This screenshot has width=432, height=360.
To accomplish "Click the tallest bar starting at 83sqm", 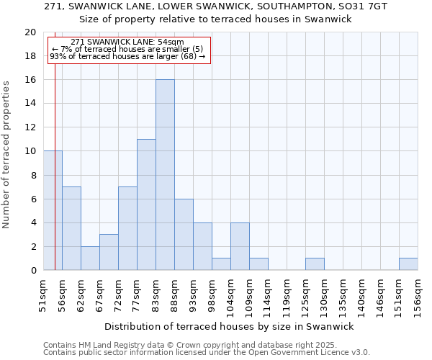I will pos(165,175).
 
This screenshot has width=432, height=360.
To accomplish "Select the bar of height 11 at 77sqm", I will pos(146,204).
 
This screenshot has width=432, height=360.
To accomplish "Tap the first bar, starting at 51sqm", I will pos(53,210).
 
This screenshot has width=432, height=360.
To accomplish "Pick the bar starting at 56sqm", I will pos(71,228).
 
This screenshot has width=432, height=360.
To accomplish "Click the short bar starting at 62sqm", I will pos(90,258).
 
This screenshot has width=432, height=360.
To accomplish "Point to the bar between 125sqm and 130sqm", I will pos(315,264).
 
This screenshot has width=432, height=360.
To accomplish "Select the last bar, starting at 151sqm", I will pos(408,264).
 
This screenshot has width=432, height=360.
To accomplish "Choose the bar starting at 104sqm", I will pos(240,246).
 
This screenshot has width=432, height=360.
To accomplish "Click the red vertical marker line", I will pos(55,180).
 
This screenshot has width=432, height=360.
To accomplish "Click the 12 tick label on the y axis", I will pos(30,127).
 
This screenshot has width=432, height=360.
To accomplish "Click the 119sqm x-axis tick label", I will pos(287,295).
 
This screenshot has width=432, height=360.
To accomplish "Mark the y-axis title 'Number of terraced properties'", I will pos(6,154).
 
